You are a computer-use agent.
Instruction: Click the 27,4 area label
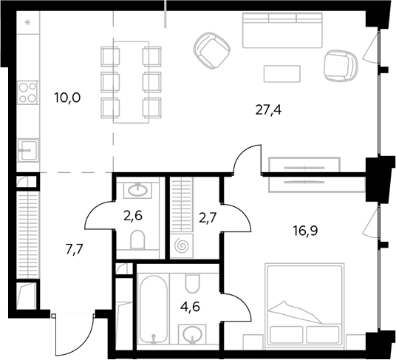click(x=268, y=110)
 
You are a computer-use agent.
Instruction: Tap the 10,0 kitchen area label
click(x=67, y=98)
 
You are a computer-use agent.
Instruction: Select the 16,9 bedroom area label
click(x=305, y=231)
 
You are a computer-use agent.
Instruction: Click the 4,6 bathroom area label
click(x=190, y=307)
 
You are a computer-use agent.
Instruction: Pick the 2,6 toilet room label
click(x=133, y=217)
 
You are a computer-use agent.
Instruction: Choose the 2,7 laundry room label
click(x=208, y=218)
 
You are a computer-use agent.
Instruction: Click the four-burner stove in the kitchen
click(x=27, y=92)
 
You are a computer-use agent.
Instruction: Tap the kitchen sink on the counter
click(x=28, y=151)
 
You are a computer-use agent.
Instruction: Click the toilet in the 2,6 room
click(x=137, y=240)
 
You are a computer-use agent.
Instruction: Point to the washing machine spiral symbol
click(x=182, y=245)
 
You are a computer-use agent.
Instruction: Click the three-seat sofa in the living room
click(x=282, y=30)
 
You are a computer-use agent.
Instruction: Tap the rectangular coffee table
click(x=281, y=74)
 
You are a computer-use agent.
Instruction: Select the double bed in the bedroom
click(x=304, y=304)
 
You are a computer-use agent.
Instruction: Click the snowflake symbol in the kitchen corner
click(x=27, y=23)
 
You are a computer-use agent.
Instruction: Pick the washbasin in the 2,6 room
click(x=137, y=190)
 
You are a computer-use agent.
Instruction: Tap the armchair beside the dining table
click(x=212, y=50)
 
